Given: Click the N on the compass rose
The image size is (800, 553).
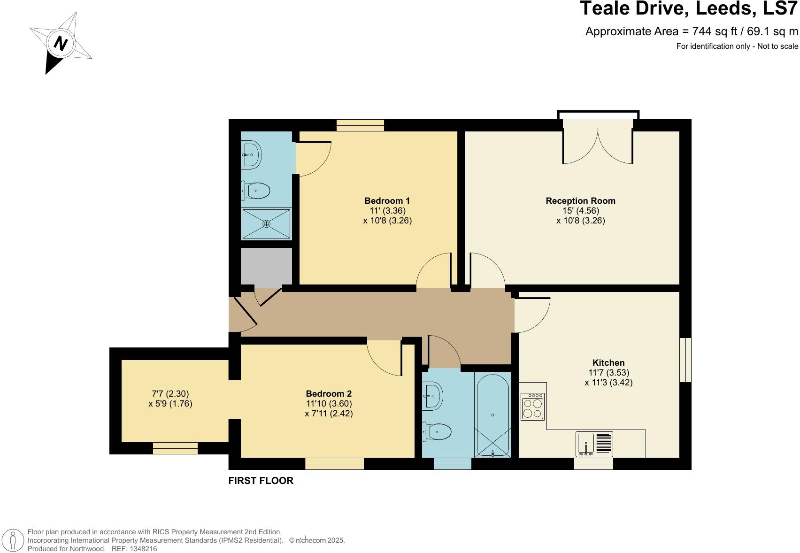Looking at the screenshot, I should (x=61, y=43).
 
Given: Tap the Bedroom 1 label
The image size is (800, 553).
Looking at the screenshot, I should (x=387, y=201).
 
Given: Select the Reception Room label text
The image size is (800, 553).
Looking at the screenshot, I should (x=580, y=201).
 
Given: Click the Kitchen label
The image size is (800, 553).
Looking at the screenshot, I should (x=608, y=363).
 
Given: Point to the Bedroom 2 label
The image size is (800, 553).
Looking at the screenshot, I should (x=329, y=394).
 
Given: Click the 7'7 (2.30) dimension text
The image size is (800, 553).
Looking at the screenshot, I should (x=170, y=394).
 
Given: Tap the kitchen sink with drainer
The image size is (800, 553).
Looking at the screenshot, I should (x=594, y=444).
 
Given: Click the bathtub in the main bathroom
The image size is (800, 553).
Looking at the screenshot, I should (x=492, y=415).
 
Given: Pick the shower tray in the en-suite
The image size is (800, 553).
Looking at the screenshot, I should (x=266, y=224).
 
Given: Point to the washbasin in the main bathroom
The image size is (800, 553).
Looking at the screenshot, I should (x=433, y=396).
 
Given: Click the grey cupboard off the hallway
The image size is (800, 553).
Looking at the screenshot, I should (x=266, y=267).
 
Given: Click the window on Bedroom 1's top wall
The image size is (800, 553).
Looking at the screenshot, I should (x=360, y=125).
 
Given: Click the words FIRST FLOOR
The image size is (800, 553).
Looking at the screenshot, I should (x=261, y=481).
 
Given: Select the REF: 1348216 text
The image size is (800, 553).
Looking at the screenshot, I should (x=134, y=549).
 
